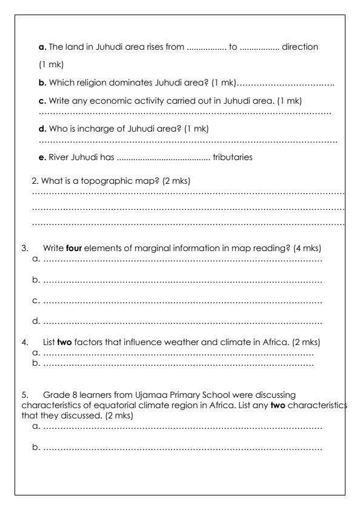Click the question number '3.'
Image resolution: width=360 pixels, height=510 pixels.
coord(25,247)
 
